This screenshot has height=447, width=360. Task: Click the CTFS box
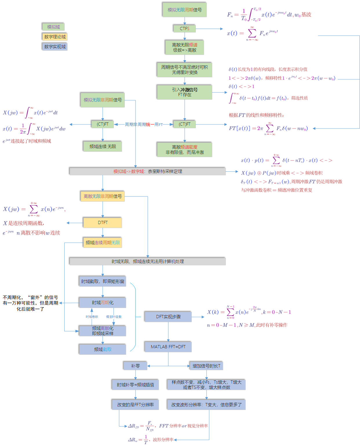184,29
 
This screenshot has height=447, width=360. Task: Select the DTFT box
103,223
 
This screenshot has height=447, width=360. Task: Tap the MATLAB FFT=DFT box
168,347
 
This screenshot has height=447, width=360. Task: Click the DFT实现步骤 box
168,317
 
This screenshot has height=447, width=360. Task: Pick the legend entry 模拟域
53,27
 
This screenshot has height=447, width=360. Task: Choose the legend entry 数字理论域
55,37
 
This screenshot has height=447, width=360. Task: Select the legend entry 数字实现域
55,47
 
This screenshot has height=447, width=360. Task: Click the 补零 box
135,366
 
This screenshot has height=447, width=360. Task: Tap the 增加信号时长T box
206,366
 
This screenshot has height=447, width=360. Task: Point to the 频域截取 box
103,349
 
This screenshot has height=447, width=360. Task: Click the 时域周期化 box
103,303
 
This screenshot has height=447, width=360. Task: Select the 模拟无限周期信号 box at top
184,10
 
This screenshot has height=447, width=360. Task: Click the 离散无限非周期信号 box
103,196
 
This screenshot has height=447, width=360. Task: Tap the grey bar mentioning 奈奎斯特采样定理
147,171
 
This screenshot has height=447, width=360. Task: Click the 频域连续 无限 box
103,146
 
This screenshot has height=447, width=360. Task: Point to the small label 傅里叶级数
114,317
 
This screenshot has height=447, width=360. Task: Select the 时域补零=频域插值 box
135,385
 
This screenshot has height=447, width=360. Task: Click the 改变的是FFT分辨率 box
135,405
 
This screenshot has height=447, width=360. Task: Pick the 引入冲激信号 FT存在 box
184,92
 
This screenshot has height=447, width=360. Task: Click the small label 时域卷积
92,317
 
